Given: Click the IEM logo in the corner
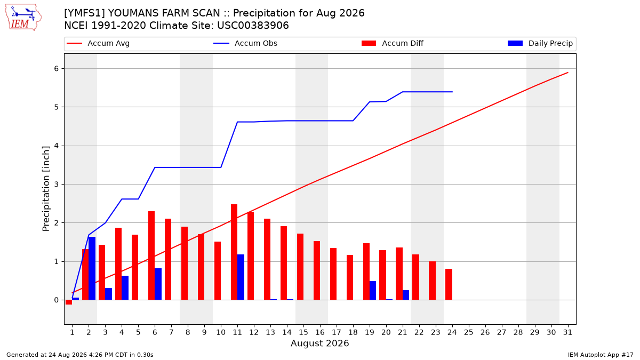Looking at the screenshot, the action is pyautogui.click(x=23, y=18).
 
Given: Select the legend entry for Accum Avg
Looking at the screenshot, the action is pyautogui.click(x=98, y=43).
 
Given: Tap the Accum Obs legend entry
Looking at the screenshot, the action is pyautogui.click(x=245, y=43).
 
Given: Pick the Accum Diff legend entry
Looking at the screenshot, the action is pyautogui.click(x=393, y=43).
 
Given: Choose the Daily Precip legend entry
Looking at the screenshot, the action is pyautogui.click(x=540, y=43).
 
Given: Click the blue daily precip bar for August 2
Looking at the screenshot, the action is pyautogui.click(x=92, y=268).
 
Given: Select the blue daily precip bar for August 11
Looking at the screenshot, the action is pyautogui.click(x=241, y=277).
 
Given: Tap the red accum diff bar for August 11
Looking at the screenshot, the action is pyautogui.click(x=234, y=252).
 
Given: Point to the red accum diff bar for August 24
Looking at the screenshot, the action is pyautogui.click(x=449, y=284).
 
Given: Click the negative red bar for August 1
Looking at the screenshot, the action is pyautogui.click(x=69, y=302).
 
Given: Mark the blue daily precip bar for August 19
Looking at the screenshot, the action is pyautogui.click(x=373, y=291).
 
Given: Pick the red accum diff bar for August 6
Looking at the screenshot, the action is pyautogui.click(x=151, y=255).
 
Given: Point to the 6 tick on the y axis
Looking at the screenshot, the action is pyautogui.click(x=57, y=69).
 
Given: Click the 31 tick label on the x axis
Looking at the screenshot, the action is pyautogui.click(x=567, y=332).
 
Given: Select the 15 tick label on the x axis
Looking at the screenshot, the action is pyautogui.click(x=303, y=332).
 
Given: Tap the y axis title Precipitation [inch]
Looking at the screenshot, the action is pyautogui.click(x=46, y=189).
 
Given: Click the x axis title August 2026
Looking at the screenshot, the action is pyautogui.click(x=319, y=343).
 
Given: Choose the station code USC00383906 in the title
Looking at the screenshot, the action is pyautogui.click(x=253, y=26).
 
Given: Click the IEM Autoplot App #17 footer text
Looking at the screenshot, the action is pyautogui.click(x=601, y=355).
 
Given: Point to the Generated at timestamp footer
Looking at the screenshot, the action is pyautogui.click(x=79, y=355).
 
